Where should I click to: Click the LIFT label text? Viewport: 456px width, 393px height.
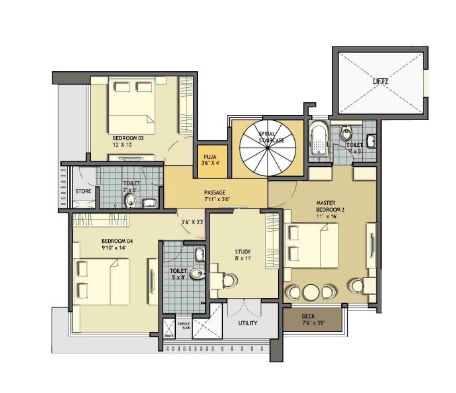380,81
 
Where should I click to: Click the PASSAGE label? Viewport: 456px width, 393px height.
216,192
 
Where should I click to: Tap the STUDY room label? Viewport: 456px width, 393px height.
242,252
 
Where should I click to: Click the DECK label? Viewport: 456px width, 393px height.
308,317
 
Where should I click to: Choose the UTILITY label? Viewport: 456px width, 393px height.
248,323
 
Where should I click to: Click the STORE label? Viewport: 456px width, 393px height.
83,191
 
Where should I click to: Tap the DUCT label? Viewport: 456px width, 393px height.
169,335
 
